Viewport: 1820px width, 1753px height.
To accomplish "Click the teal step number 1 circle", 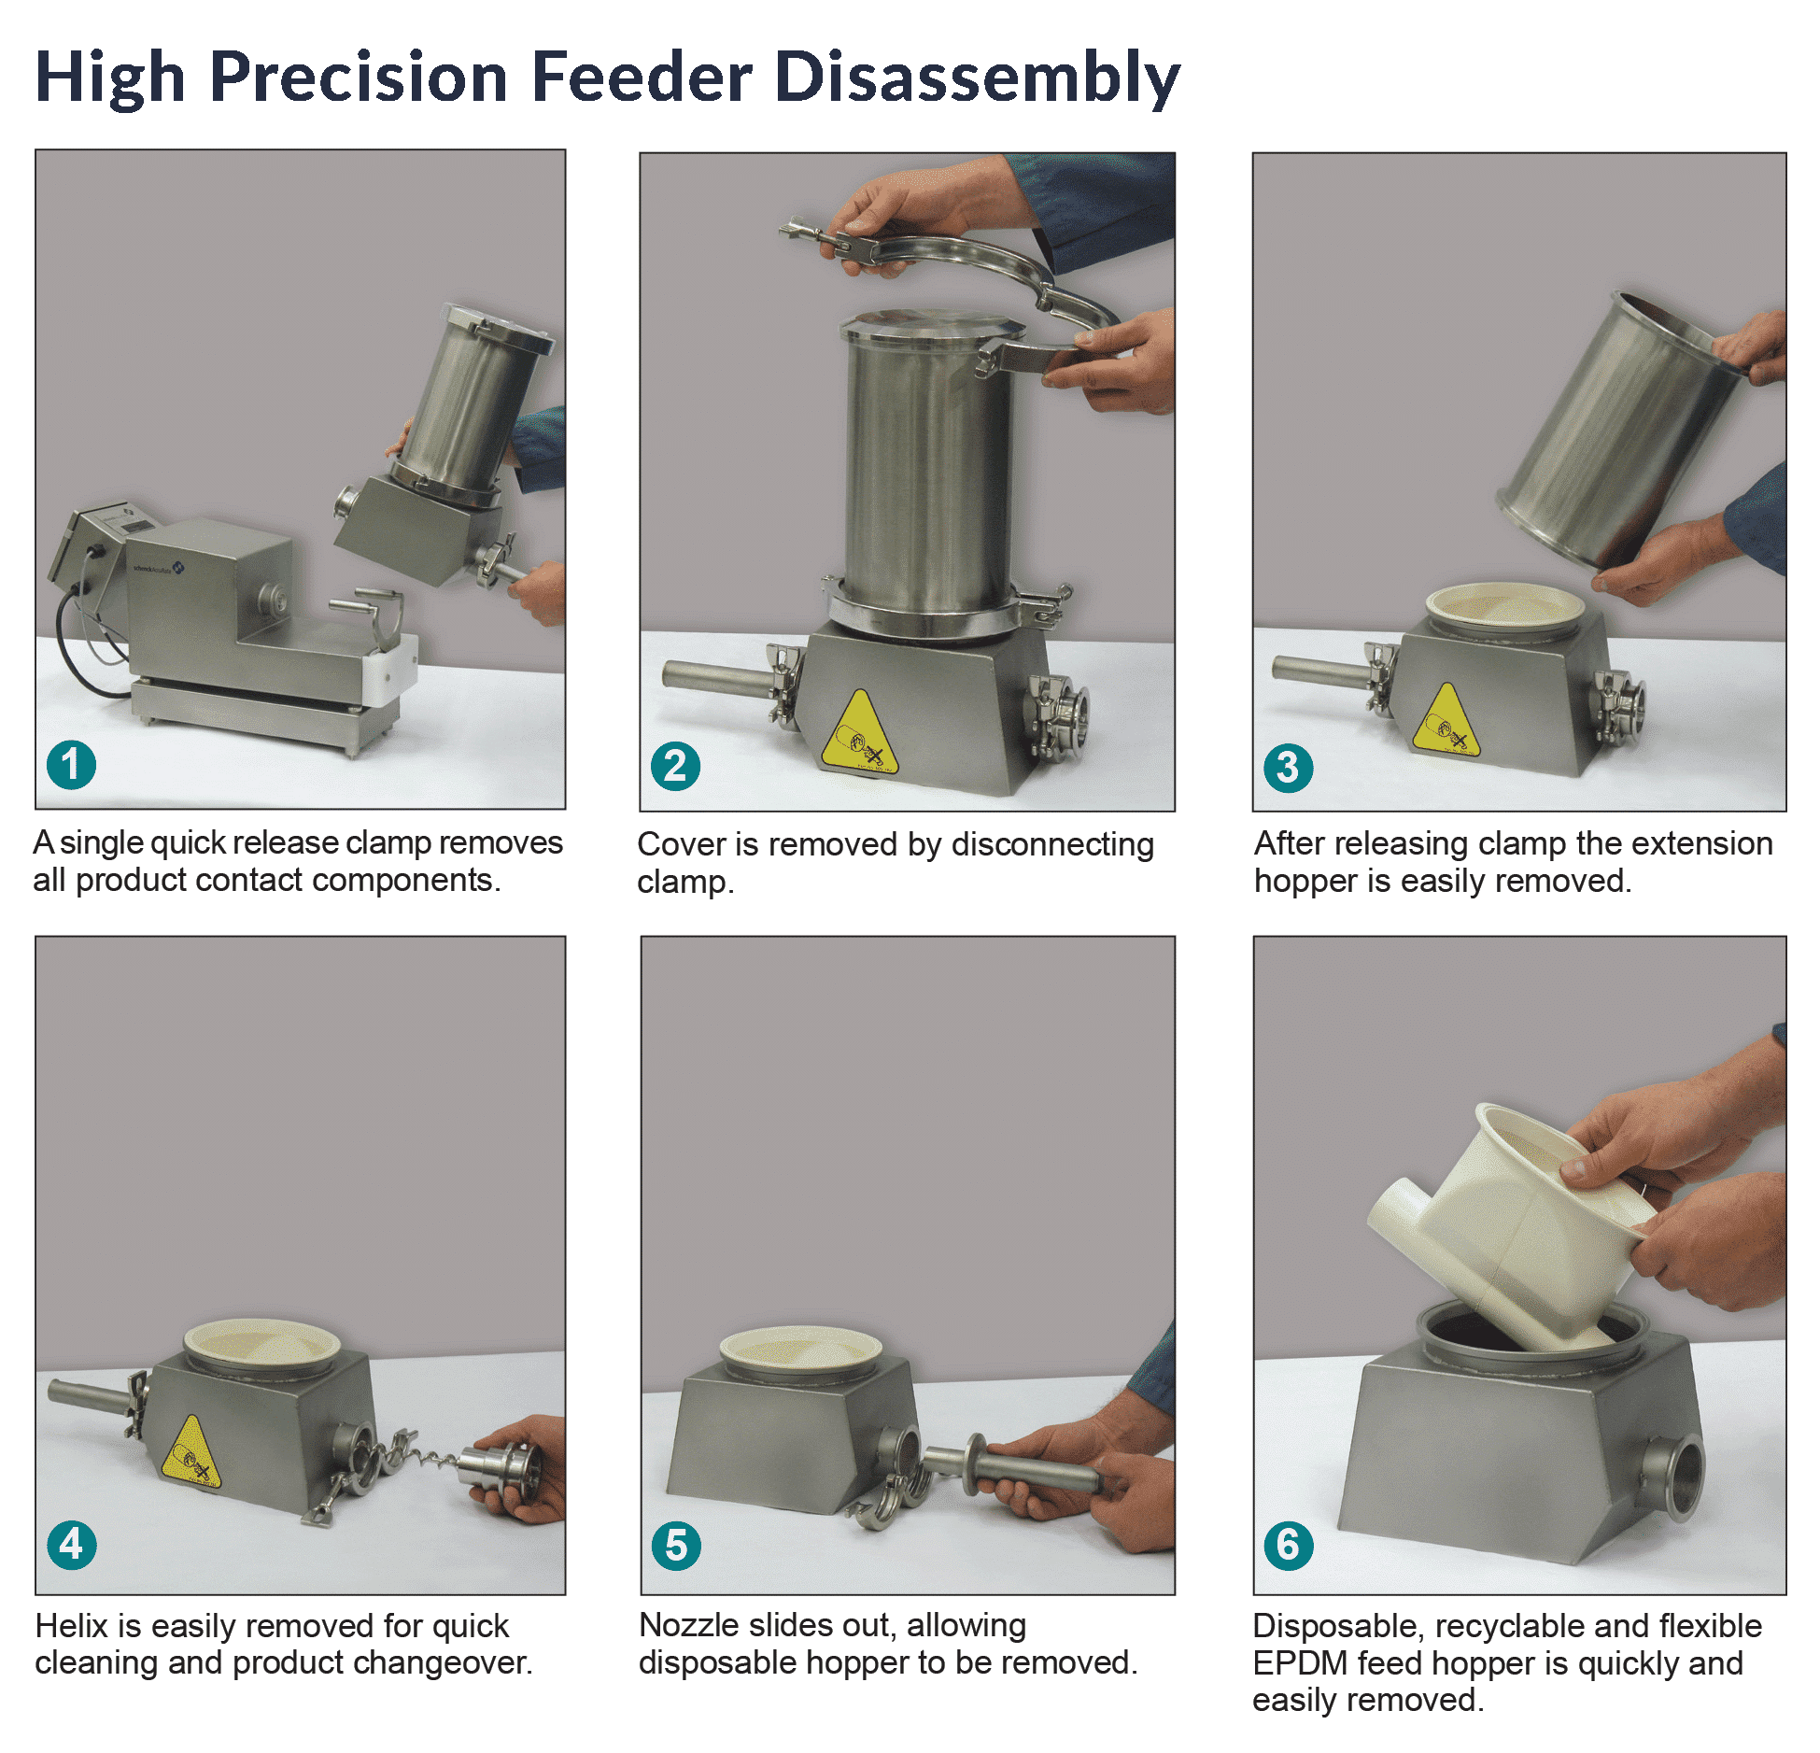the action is pyautogui.click(x=71, y=764).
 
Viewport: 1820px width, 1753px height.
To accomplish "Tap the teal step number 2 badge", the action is pyautogui.click(x=675, y=766).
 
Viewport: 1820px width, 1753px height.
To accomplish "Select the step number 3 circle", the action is pyautogui.click(x=1288, y=767).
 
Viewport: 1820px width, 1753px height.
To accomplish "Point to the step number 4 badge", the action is pyautogui.click(x=71, y=1544).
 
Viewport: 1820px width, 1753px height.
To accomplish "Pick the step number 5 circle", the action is pyautogui.click(x=676, y=1545).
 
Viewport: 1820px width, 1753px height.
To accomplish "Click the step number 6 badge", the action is pyautogui.click(x=1288, y=1545).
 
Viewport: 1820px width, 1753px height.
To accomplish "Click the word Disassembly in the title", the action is pyautogui.click(x=978, y=78).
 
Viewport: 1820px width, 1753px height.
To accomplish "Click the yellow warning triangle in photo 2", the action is pyautogui.click(x=859, y=733).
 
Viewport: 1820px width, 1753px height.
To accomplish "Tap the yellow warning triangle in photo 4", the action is pyautogui.click(x=191, y=1452).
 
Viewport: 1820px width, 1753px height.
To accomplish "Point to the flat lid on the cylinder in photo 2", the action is pyautogui.click(x=932, y=327).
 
